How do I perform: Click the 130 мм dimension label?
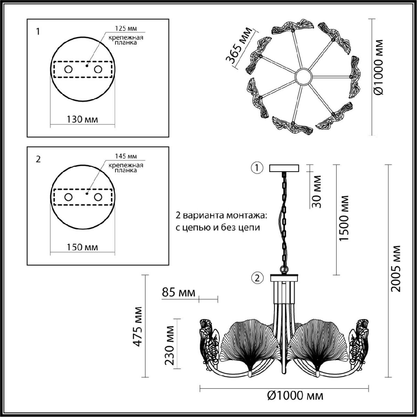(82, 119)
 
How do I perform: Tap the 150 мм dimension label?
(82, 247)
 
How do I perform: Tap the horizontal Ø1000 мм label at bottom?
(295, 395)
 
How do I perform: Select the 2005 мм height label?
(395, 269)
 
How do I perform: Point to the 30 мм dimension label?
(317, 191)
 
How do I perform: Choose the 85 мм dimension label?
(178, 293)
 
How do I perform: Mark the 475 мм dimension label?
(138, 327)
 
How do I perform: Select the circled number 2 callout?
(257, 278)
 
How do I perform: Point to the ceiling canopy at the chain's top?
(284, 168)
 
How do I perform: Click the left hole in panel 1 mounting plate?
(68, 69)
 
